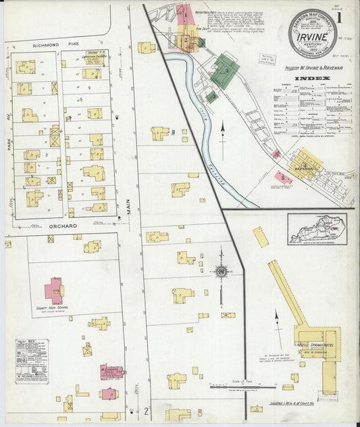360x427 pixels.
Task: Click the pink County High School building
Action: (x=53, y=291)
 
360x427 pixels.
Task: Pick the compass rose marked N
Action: (x=220, y=272)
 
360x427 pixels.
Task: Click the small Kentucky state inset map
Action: (x=317, y=228)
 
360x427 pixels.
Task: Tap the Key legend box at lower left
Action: (x=32, y=361)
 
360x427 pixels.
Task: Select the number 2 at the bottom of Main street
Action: (x=146, y=410)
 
